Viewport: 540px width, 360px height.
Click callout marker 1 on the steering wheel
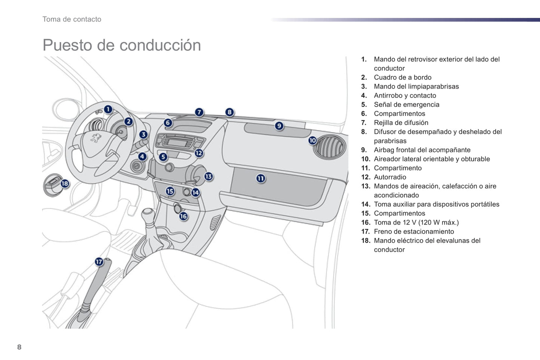pos(108,109)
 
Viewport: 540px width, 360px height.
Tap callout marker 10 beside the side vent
pos(312,140)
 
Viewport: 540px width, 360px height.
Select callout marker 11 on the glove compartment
pos(260,179)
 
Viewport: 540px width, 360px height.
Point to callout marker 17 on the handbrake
pos(99,262)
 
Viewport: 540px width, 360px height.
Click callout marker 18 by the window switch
pos(65,183)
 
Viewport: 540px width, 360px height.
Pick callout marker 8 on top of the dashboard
pos(229,112)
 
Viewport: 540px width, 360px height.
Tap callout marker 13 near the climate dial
pos(209,176)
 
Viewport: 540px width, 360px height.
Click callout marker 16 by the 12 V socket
pos(183,216)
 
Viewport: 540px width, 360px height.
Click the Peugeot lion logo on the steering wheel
pos(96,139)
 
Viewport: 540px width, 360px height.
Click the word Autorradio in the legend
pos(390,177)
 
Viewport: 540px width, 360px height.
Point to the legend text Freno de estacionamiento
pos(414,232)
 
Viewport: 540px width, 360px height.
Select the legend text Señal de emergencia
pos(407,105)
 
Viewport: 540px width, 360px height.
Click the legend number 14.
pos(365,204)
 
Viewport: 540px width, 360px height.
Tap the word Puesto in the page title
pos(67,45)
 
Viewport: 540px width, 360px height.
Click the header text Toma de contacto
pos(72,19)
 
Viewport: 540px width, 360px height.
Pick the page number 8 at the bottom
pos(19,347)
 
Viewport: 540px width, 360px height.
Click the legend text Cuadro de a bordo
pos(402,77)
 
